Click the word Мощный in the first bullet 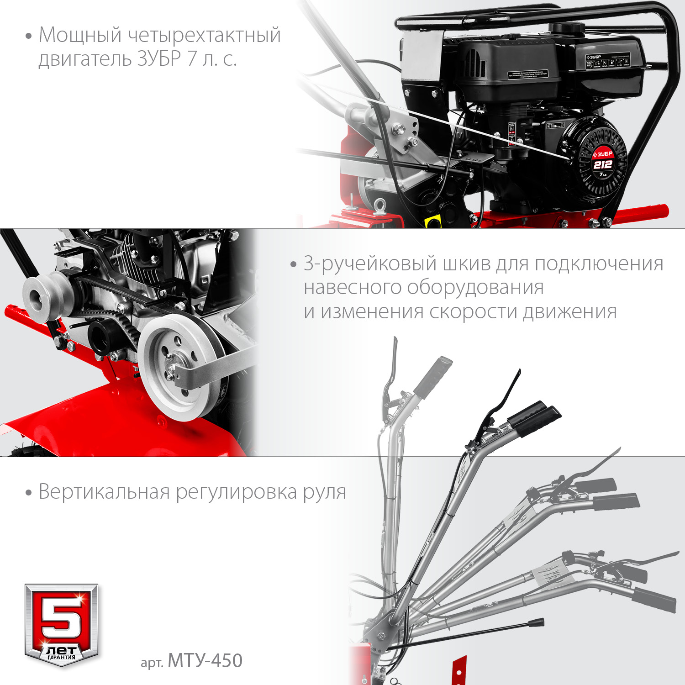tap(80, 36)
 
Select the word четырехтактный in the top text tap(204, 36)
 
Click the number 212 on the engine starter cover tap(602, 165)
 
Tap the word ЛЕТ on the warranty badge tap(61, 649)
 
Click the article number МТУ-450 tap(205, 661)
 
